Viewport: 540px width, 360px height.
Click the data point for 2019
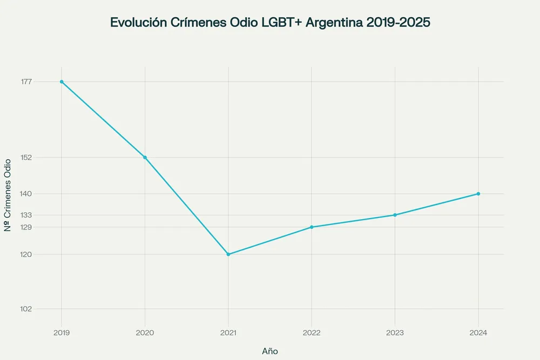tap(62, 81)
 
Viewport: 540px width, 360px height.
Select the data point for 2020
tap(145, 158)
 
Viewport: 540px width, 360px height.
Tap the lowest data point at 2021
tap(228, 254)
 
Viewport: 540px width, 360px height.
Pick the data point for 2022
tap(312, 227)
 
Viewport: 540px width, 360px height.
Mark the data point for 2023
tap(395, 215)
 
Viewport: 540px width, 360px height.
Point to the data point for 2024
tap(478, 194)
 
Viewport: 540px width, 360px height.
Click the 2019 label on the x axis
tap(62, 332)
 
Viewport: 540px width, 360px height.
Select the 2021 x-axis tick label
tap(228, 332)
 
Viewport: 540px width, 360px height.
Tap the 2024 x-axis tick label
tap(478, 332)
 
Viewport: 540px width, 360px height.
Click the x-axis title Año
tap(270, 351)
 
